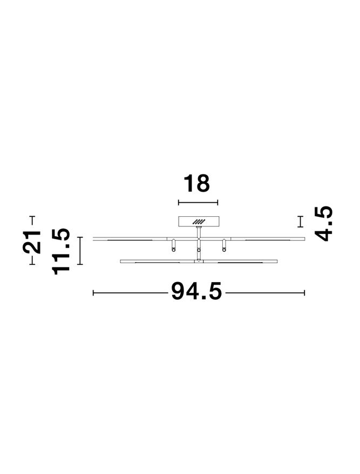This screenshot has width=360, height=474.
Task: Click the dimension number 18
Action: pyautogui.click(x=196, y=183)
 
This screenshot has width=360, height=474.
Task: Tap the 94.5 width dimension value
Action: pyautogui.click(x=196, y=291)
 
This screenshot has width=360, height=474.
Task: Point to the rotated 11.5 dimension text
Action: pyautogui.click(x=61, y=251)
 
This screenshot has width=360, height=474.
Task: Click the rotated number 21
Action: pyautogui.click(x=31, y=242)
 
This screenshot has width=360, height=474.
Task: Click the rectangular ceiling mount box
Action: pyautogui.click(x=199, y=221)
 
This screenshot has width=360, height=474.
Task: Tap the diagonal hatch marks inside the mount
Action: pyautogui.click(x=199, y=221)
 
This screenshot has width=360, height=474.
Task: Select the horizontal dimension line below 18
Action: pyautogui.click(x=198, y=203)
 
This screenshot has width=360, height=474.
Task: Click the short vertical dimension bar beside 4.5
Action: pyautogui.click(x=300, y=222)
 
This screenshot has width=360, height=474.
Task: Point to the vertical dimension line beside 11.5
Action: pyautogui.click(x=80, y=251)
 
